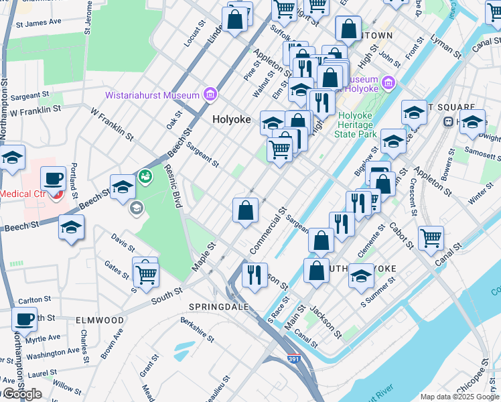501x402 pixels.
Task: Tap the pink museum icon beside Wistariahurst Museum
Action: click(210, 94)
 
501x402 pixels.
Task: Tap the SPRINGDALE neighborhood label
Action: click(219, 306)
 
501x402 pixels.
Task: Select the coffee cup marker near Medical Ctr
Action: click(53, 179)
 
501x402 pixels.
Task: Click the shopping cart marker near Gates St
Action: click(145, 271)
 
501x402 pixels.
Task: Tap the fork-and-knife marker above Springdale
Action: click(255, 275)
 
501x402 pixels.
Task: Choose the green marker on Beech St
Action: click(144, 177)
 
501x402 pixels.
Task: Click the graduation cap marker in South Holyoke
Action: click(361, 276)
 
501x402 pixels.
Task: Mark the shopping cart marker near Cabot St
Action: click(430, 237)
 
